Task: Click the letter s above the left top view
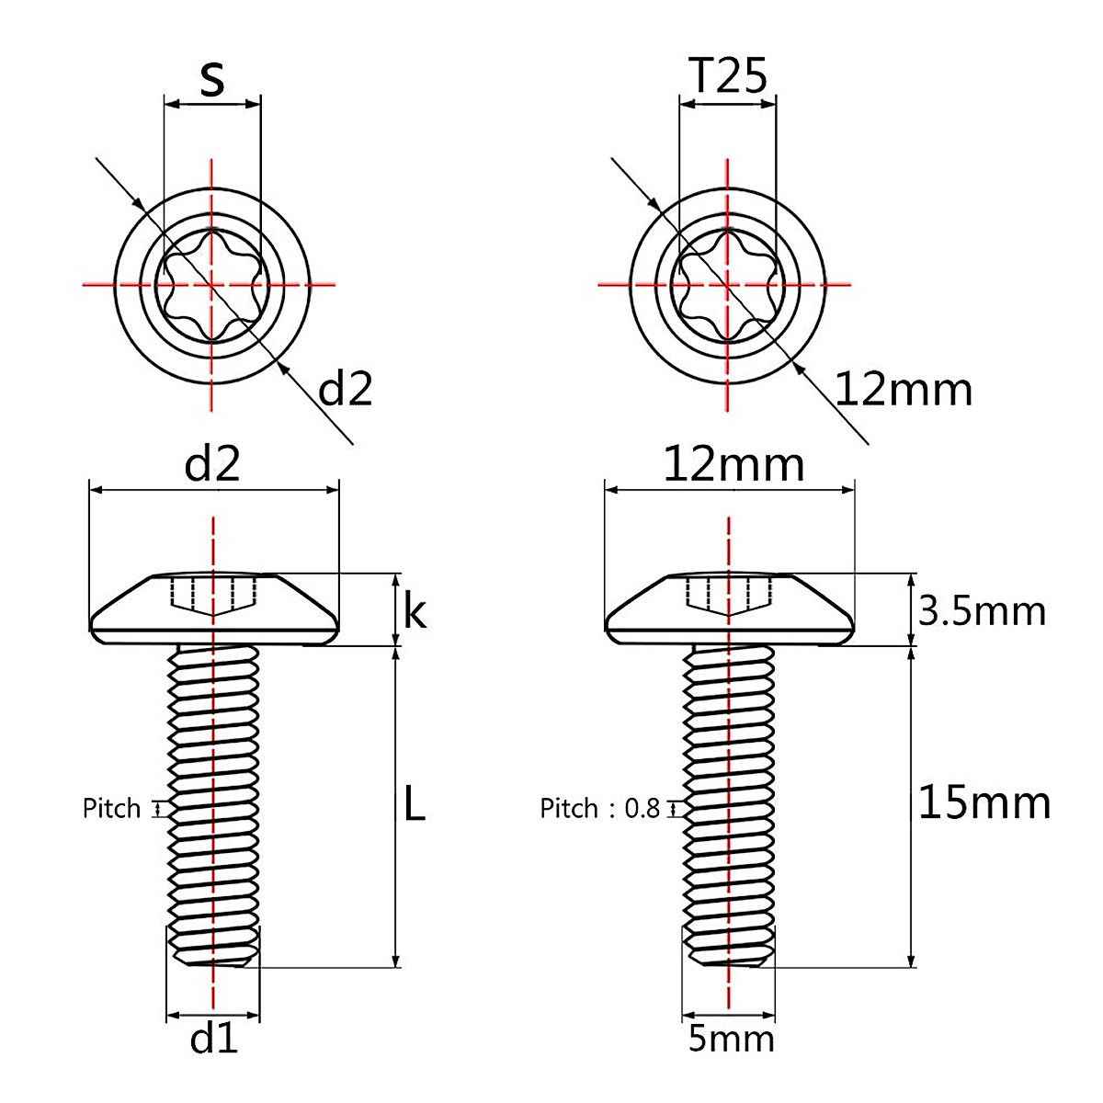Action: click(212, 80)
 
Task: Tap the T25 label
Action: click(727, 78)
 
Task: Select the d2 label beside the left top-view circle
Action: click(345, 390)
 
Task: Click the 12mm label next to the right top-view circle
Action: click(904, 390)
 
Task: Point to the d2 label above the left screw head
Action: click(212, 466)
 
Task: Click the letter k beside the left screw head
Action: click(415, 611)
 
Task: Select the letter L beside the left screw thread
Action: click(415, 805)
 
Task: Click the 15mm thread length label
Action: click(984, 803)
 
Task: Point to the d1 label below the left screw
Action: click(213, 1039)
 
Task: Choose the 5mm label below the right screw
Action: click(731, 1039)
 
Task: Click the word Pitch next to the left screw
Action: click(112, 809)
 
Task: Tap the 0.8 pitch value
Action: click(642, 809)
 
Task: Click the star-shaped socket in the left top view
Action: click(212, 285)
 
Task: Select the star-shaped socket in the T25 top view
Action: click(728, 285)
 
